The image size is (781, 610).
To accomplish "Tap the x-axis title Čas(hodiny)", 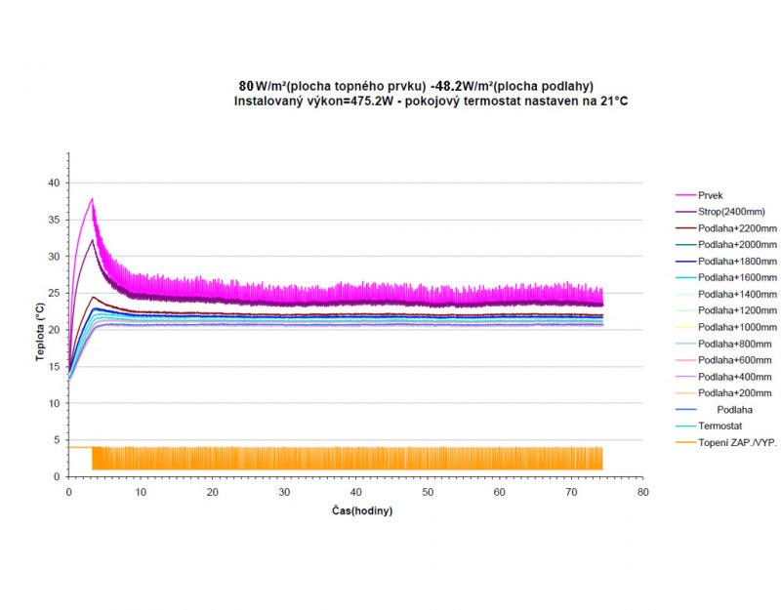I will point(361,510).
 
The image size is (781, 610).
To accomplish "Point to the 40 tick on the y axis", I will point(54,183).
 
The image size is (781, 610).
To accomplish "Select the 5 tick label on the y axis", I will point(57,439).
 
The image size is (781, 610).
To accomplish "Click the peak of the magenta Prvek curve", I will point(92,198).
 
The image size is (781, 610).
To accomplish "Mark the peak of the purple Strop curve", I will point(92,240).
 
